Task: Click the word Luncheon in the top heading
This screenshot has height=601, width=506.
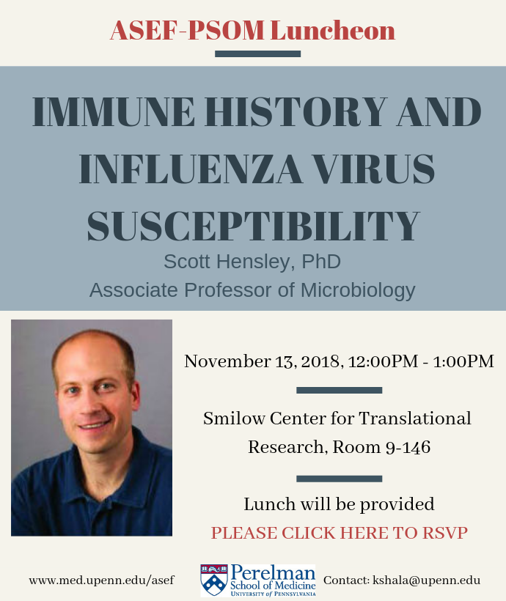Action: tap(333, 30)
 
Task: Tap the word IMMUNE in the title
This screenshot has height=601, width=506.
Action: tap(114, 111)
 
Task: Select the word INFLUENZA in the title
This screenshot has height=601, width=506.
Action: tap(191, 169)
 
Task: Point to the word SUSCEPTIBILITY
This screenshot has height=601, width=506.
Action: tap(253, 226)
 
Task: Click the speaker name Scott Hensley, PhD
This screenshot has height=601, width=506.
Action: tap(252, 262)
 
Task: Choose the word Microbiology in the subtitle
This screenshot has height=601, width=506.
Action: tap(358, 290)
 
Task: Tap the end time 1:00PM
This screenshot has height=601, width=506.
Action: tap(463, 361)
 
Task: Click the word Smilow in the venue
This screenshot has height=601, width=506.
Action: tap(234, 419)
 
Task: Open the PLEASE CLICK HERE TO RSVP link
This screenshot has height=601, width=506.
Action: tap(340, 533)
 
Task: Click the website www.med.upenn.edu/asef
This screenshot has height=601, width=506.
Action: tap(102, 580)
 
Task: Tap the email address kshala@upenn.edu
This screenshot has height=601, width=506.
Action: tap(427, 580)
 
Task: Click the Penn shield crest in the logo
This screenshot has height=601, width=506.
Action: tap(213, 580)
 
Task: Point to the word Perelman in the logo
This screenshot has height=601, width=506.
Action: tap(273, 572)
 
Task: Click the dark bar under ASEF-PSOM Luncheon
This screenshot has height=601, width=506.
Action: tap(258, 54)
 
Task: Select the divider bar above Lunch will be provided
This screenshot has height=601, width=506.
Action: tap(340, 479)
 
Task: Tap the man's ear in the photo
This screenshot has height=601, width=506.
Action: tap(136, 394)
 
